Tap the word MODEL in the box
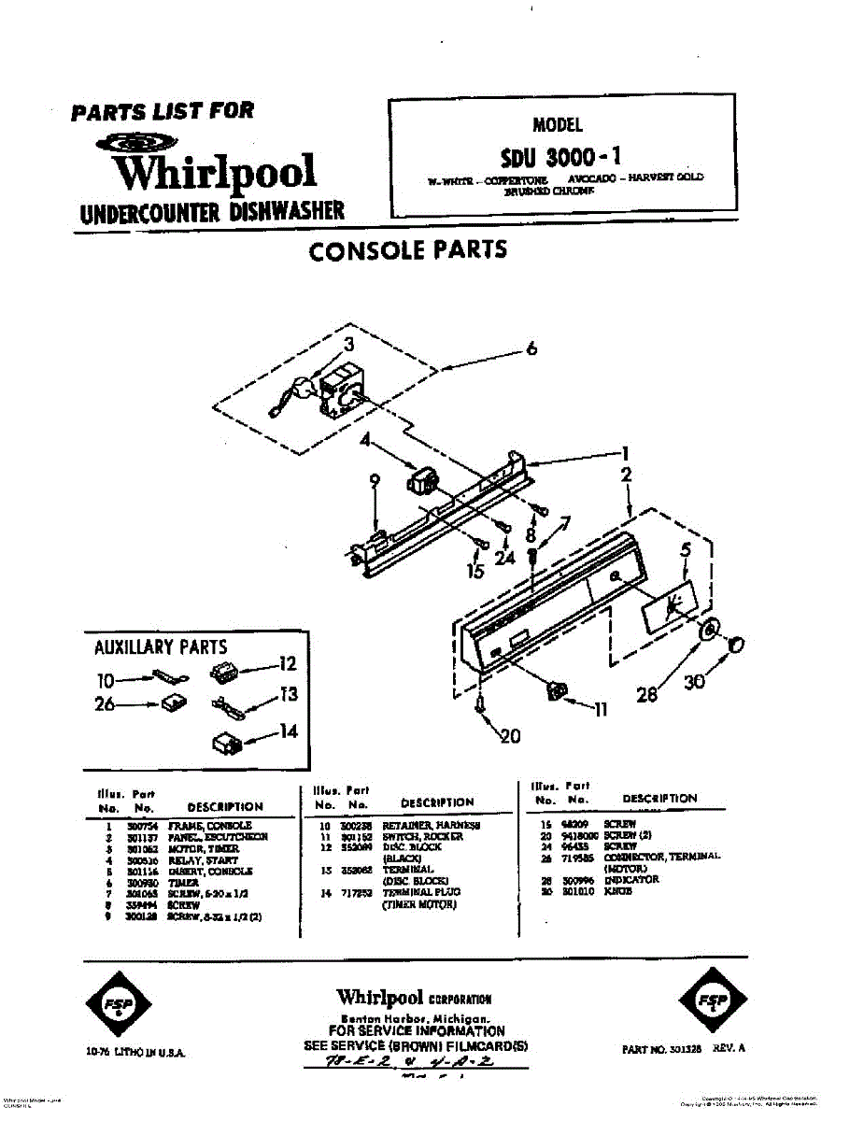557,124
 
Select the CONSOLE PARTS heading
408,249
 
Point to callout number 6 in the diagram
531,349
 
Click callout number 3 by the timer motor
347,342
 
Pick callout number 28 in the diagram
646,693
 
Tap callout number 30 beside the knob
694,683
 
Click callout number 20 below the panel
509,737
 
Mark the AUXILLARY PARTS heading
161,646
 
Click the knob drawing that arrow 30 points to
735,646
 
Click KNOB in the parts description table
618,891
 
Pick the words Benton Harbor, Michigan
410,1018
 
